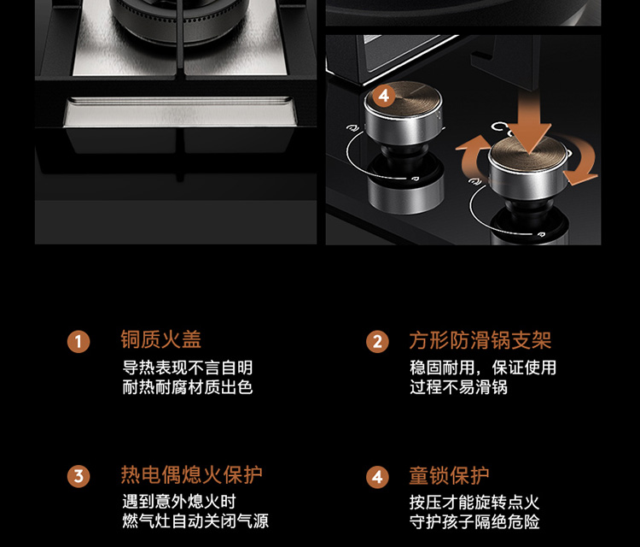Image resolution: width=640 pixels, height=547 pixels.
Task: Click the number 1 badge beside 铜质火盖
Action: tap(79, 342)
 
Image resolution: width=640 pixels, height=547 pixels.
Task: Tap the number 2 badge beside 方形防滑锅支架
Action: tap(377, 342)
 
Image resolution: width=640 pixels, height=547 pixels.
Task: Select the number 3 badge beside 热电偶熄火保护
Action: tap(79, 477)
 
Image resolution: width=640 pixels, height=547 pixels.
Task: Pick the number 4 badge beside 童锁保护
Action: tap(377, 477)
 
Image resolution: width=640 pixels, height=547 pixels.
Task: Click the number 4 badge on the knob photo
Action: tap(384, 96)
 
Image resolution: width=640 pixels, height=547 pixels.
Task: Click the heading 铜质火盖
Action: tap(160, 339)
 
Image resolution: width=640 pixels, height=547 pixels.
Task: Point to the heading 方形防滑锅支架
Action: tap(480, 340)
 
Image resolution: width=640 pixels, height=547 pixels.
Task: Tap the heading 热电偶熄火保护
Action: tap(191, 474)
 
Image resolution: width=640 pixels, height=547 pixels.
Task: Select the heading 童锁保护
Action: tap(449, 476)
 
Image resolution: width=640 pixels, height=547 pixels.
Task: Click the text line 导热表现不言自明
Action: tap(188, 368)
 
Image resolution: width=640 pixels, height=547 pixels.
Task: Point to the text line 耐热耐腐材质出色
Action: tap(188, 387)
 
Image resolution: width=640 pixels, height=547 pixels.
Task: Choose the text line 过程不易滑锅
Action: tap(458, 387)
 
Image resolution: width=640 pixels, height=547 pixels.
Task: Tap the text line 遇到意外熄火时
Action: tap(179, 502)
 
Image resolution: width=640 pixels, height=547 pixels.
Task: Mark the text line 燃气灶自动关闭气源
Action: tap(195, 521)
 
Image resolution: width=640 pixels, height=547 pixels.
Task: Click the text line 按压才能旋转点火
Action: tap(474, 503)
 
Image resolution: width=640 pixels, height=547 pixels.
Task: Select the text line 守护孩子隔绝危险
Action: tap(474, 522)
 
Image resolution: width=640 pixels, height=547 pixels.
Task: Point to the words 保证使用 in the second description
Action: tap(524, 368)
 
